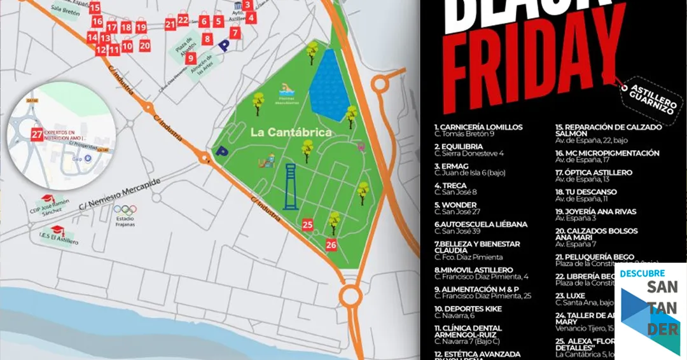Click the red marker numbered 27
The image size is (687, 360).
tap(37, 134)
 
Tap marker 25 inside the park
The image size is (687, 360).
tap(308, 225)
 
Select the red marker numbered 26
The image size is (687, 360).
tap(331, 244)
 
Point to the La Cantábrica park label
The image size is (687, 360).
tap(291, 132)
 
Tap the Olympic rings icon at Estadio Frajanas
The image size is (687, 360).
tap(125, 210)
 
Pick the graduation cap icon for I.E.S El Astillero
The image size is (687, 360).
tap(58, 231)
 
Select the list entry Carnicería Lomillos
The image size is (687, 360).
tap(478, 127)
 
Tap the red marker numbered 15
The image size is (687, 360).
tap(95, 8)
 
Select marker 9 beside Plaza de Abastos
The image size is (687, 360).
tap(191, 58)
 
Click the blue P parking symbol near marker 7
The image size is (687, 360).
tap(223, 45)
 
